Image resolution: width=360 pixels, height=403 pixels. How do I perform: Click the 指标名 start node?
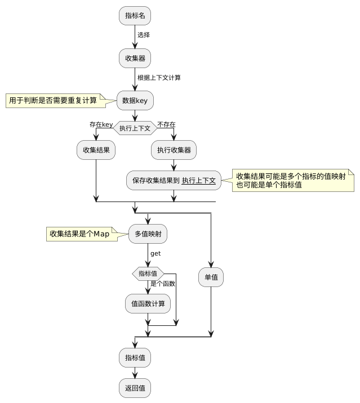click(x=135, y=16)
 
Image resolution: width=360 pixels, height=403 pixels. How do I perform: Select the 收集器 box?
click(x=135, y=58)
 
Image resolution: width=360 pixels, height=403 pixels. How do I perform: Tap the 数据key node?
click(x=135, y=101)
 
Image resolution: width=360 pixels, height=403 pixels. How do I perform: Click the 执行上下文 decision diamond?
click(x=135, y=128)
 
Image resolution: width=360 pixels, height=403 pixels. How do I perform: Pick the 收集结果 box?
click(x=96, y=150)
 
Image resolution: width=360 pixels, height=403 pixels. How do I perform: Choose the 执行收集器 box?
click(x=174, y=150)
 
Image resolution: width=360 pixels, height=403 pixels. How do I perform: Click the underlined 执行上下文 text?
click(x=199, y=181)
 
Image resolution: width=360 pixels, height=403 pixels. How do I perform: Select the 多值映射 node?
click(x=148, y=233)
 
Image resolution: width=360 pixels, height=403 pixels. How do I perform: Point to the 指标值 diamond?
click(x=148, y=273)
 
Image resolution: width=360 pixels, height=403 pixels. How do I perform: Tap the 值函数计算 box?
click(x=148, y=304)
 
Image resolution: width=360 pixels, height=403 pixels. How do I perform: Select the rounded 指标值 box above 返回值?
click(x=135, y=357)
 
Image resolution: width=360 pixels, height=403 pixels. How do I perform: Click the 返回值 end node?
click(x=135, y=388)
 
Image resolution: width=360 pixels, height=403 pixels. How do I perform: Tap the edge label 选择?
click(x=144, y=35)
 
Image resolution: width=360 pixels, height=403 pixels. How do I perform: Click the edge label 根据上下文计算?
click(x=159, y=78)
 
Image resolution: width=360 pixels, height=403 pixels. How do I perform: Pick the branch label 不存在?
click(x=166, y=124)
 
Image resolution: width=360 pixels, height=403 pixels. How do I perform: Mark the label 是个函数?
click(x=163, y=283)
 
